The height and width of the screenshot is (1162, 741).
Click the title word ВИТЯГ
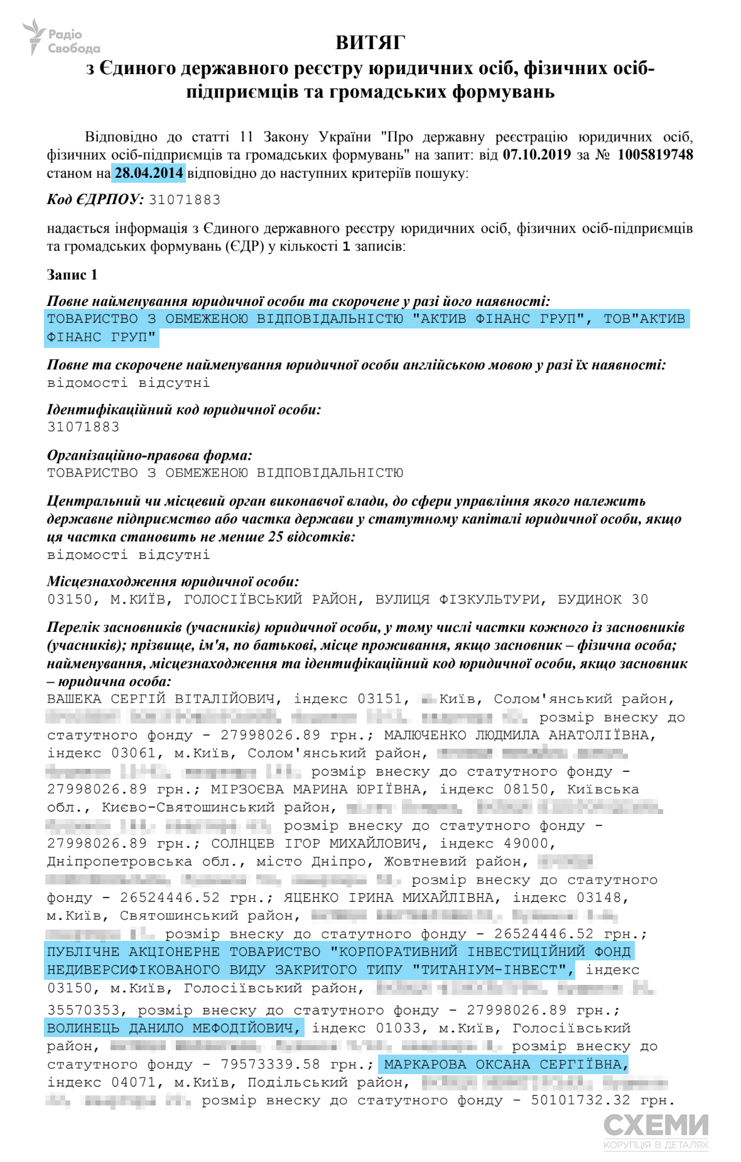click(x=370, y=42)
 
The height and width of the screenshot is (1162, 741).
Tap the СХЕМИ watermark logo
click(x=656, y=1131)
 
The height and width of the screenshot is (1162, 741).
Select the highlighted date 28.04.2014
click(x=149, y=173)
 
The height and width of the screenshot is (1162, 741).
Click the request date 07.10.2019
click(x=537, y=155)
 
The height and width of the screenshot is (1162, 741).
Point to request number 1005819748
click(x=655, y=155)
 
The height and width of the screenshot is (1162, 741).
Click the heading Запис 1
click(x=72, y=274)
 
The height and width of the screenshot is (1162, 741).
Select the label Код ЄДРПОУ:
click(x=95, y=200)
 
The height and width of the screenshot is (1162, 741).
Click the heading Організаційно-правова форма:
click(x=149, y=455)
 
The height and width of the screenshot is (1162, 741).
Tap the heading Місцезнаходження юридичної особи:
click(x=173, y=582)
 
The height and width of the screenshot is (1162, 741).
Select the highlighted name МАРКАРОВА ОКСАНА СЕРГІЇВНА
click(x=506, y=1064)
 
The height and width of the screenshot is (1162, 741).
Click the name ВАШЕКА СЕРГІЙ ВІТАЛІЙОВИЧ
click(x=161, y=699)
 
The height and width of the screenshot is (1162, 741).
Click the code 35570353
click(x=88, y=1010)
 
